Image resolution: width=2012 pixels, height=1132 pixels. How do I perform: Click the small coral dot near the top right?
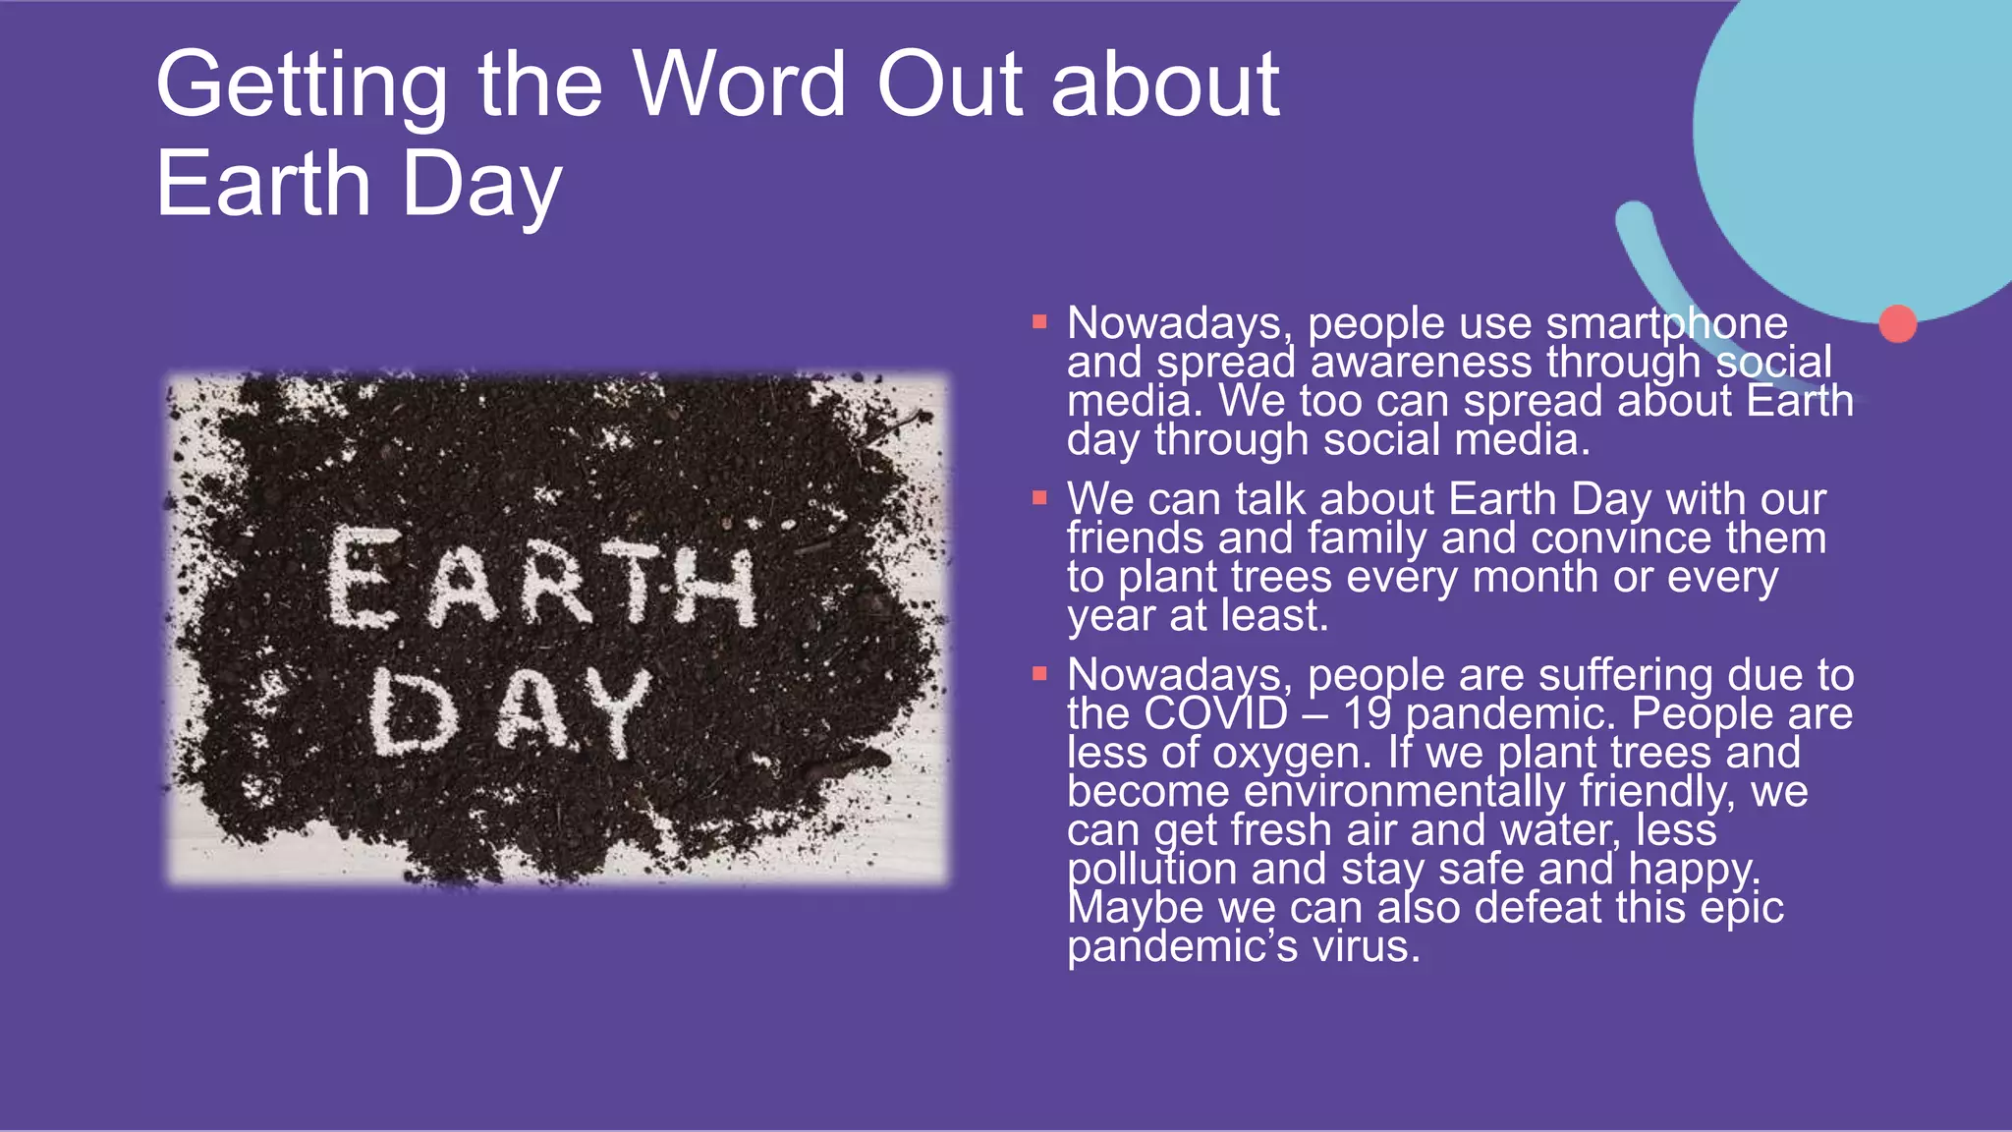(1897, 323)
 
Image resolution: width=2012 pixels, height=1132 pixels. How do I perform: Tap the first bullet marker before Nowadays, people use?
(1039, 321)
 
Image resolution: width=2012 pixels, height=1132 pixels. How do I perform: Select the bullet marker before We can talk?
(1039, 498)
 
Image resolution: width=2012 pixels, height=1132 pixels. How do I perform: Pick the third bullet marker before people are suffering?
(1039, 674)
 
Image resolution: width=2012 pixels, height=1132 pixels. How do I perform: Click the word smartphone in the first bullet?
(1666, 323)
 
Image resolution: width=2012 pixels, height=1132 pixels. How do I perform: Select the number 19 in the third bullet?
(1368, 713)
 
